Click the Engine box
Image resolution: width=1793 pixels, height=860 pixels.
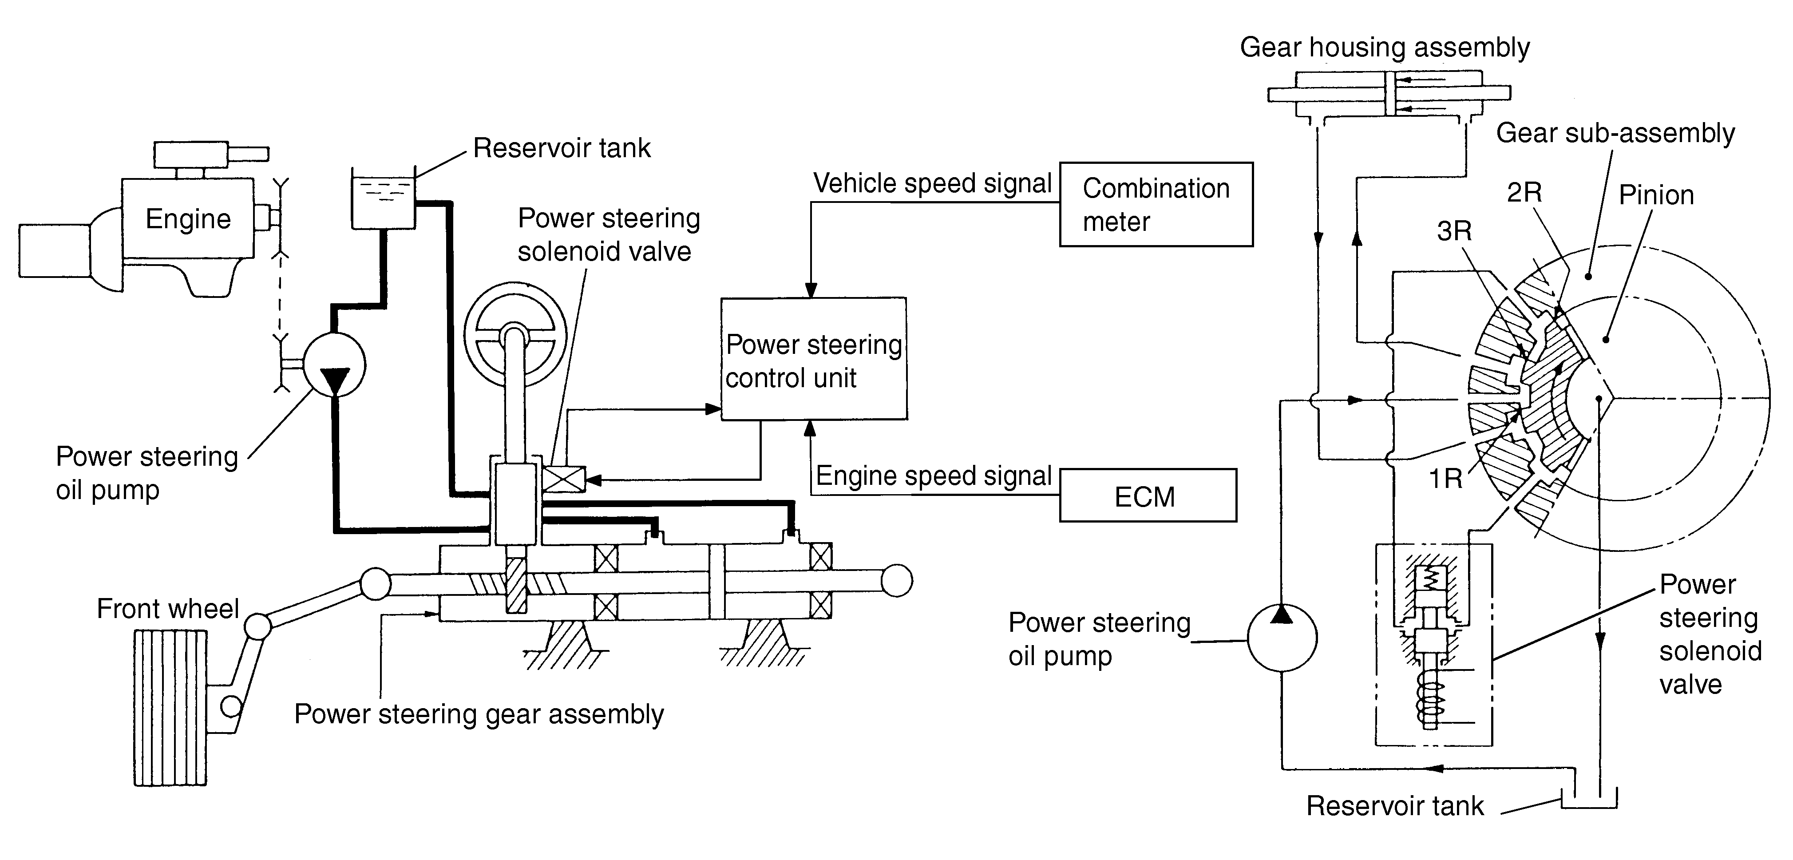tap(187, 218)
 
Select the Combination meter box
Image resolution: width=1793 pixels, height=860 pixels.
tap(1156, 205)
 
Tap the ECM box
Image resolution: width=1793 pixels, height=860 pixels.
tap(1148, 496)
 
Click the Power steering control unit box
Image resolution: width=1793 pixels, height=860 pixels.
tap(813, 359)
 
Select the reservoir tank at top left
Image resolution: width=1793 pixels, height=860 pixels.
tap(383, 202)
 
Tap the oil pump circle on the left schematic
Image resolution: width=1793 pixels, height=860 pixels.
tap(335, 364)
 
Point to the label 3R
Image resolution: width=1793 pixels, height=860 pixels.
tap(1454, 231)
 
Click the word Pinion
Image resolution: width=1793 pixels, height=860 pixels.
tap(1656, 195)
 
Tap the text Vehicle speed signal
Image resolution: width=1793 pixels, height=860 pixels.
tap(932, 183)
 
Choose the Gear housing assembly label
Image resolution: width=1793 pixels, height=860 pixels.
tap(1385, 48)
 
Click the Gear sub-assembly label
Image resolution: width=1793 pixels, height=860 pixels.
tap(1615, 133)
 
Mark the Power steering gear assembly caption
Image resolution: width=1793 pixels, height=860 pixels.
tap(479, 714)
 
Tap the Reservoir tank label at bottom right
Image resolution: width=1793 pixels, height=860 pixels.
tap(1395, 806)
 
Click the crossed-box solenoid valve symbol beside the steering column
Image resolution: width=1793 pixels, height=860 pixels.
tap(562, 479)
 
